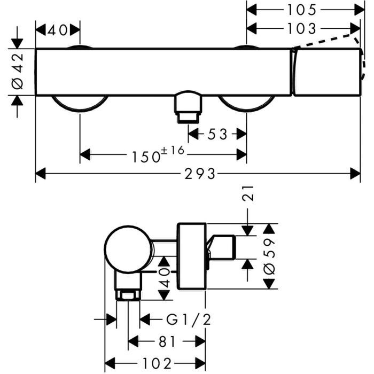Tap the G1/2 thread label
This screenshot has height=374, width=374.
pyautogui.click(x=188, y=320)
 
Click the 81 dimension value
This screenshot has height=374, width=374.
pyautogui.click(x=167, y=341)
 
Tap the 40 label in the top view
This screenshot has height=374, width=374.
pyautogui.click(x=57, y=30)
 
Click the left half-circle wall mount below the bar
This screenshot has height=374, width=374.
pyautogui.click(x=80, y=104)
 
